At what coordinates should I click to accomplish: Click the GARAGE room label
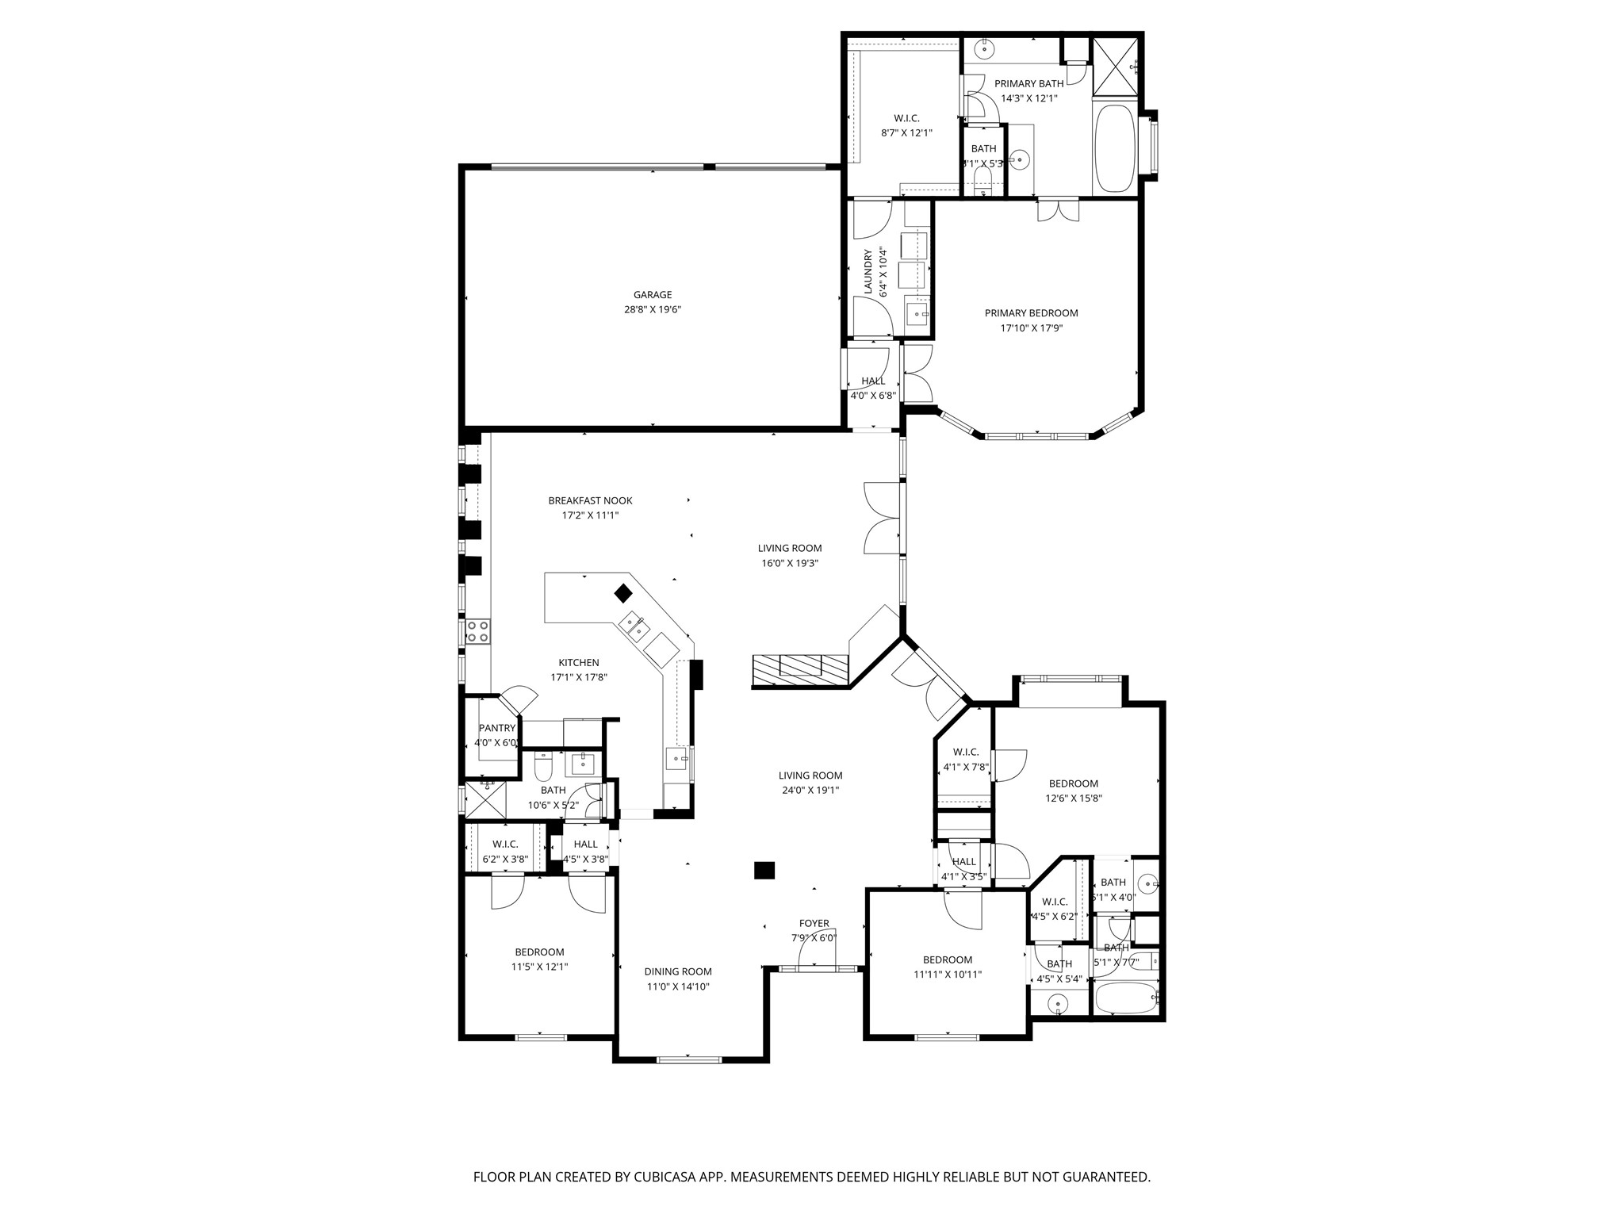coord(652,295)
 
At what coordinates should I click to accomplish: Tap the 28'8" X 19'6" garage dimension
coord(652,310)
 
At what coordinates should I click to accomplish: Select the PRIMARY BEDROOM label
coord(1031,313)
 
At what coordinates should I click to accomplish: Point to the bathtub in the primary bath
coord(1115,149)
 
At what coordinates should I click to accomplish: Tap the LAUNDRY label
coord(868,271)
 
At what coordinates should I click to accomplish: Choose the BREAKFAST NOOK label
coord(590,500)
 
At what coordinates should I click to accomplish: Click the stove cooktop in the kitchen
coord(477,631)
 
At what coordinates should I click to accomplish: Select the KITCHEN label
coord(579,663)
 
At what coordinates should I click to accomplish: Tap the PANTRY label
coord(497,728)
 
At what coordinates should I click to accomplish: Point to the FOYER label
coord(814,923)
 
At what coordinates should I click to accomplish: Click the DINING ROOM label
coord(677,971)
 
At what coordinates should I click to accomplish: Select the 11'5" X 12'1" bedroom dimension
coord(539,967)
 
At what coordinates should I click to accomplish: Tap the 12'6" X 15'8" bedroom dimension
coord(1073,799)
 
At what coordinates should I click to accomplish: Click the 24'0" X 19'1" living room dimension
coord(810,790)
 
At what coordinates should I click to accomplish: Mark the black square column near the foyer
coord(764,871)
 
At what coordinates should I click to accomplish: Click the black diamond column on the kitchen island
coord(623,593)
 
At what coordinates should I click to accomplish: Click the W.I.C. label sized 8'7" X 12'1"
coord(906,118)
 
